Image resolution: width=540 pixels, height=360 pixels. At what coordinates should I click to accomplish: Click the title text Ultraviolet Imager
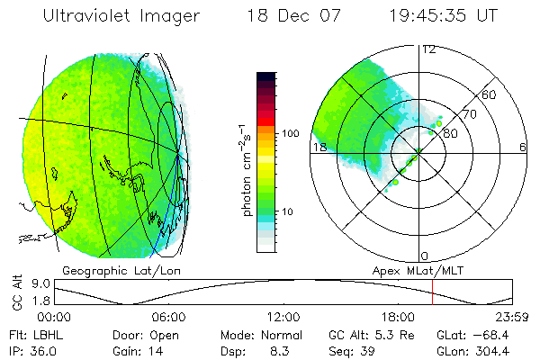[x=127, y=16]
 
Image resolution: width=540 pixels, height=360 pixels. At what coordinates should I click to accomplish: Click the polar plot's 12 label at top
[x=428, y=50]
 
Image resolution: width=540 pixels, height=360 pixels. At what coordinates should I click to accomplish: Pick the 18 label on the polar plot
[x=318, y=147]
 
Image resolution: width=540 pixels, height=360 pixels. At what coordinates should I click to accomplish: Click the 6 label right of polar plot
[x=523, y=147]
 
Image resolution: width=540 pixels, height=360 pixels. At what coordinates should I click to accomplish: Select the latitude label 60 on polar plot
[x=490, y=94]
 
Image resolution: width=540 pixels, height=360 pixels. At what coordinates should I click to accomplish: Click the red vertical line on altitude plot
[x=433, y=293]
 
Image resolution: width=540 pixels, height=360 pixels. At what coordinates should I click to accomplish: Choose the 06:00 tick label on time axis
[x=168, y=317]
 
